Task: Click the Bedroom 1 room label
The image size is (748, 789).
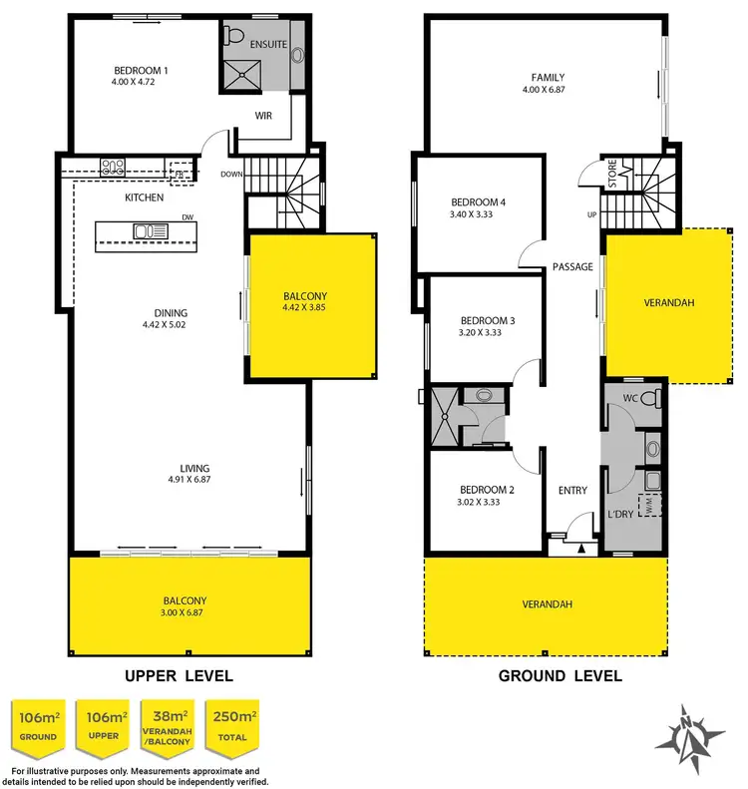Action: [x=140, y=70]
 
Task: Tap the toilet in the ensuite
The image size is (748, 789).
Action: [x=235, y=37]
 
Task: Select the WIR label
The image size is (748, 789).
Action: [x=263, y=116]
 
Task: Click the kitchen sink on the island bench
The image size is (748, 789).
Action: [x=151, y=232]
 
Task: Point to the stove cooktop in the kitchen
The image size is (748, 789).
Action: [x=111, y=168]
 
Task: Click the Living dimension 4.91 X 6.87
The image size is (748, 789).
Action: [x=187, y=480]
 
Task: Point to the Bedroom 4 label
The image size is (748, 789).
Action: [x=479, y=202]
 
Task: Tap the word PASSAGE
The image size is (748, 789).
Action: [x=572, y=267]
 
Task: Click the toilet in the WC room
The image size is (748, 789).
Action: [x=650, y=400]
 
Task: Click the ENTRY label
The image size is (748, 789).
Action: [x=572, y=490]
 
